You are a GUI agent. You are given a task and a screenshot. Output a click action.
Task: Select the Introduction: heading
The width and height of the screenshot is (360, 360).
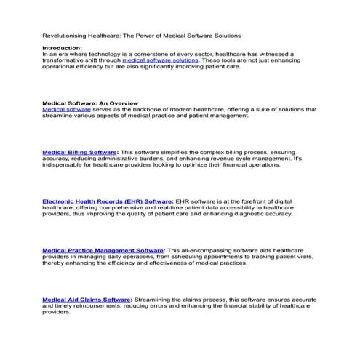click(62, 47)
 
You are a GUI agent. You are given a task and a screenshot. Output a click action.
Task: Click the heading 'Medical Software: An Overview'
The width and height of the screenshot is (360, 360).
click(90, 103)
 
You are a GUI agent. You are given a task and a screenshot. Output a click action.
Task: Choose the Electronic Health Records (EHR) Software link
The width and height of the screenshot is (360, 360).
click(107, 201)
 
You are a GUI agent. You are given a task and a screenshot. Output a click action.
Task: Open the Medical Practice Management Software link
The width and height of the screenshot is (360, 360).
click(103, 249)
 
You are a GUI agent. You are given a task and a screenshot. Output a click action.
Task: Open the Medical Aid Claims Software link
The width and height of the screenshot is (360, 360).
click(87, 299)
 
